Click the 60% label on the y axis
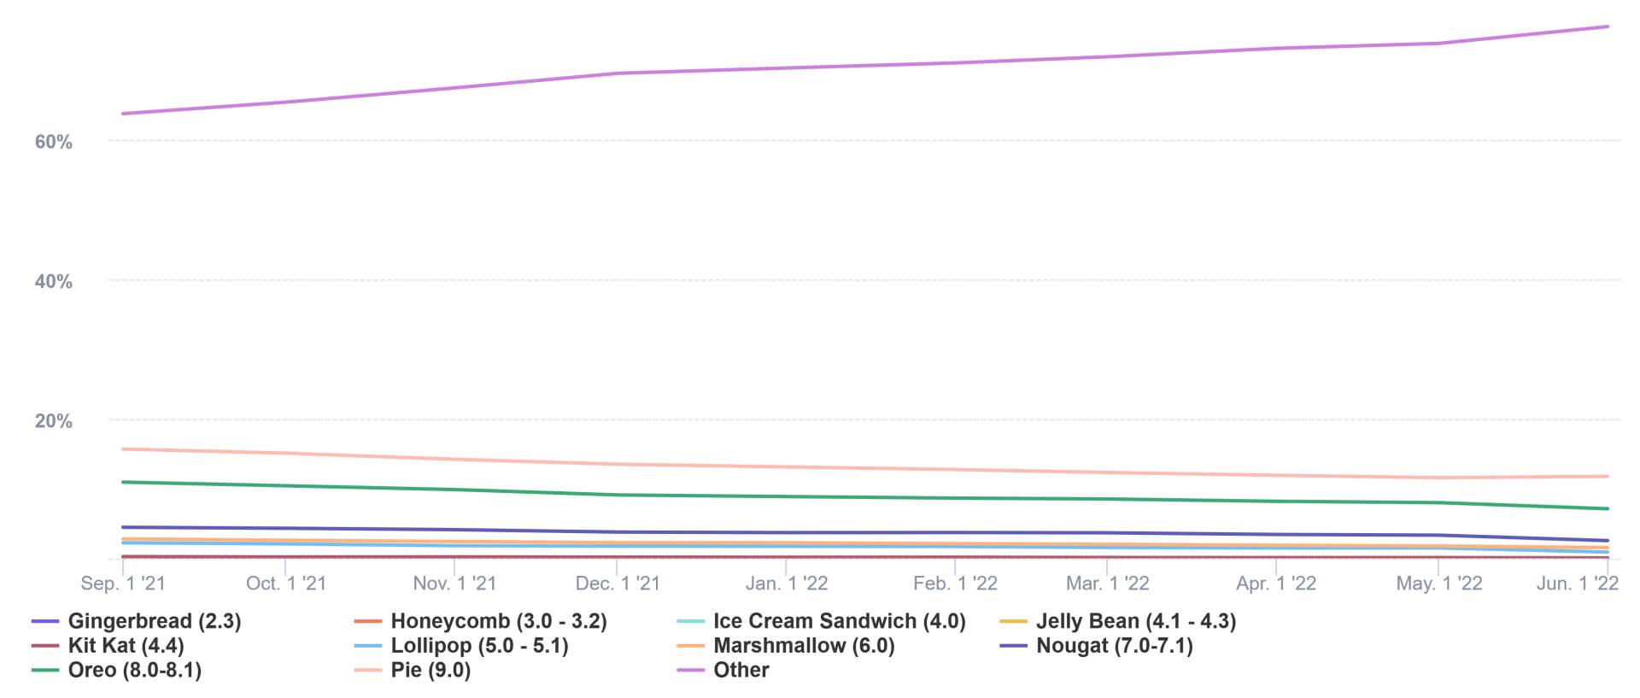coord(53,142)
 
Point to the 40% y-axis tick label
coord(53,281)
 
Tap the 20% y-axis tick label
coord(53,420)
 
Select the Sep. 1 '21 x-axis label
coord(123,584)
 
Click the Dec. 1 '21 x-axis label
coord(618,584)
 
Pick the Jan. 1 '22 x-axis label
coord(787,584)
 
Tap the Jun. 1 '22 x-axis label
coord(1578,584)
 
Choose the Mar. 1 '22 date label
coord(1107,584)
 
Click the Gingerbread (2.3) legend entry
coord(155,621)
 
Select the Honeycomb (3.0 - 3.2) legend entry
coord(499,621)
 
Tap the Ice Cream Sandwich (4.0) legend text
coord(840,621)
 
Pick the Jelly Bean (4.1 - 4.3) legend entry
coord(1136,621)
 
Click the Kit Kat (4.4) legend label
coord(126,646)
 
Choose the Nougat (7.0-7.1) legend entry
coord(1115,646)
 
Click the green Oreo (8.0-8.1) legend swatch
coord(45,671)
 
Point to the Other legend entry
coord(741,671)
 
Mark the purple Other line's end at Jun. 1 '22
coord(1608,26)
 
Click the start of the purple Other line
coord(123,114)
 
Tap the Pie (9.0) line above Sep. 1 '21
coord(123,449)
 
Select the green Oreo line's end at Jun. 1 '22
coord(1608,509)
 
